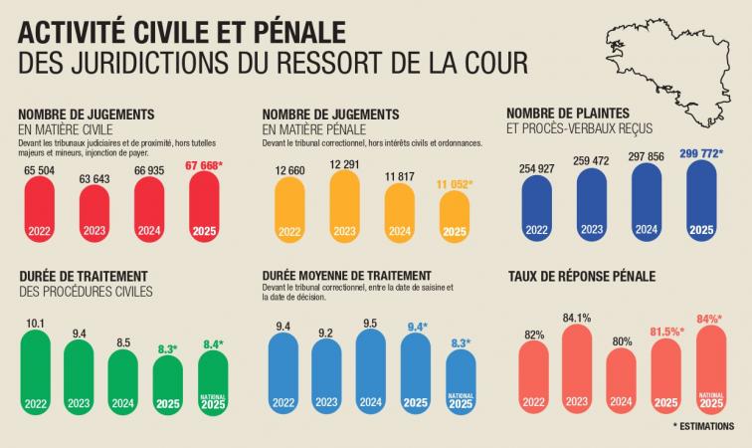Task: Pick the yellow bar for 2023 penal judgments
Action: coord(343,206)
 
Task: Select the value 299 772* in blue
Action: coord(700,154)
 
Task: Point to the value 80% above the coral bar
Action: coord(622,341)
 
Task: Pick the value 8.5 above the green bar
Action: coord(122,341)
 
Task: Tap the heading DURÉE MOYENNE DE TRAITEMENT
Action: coord(347,275)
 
